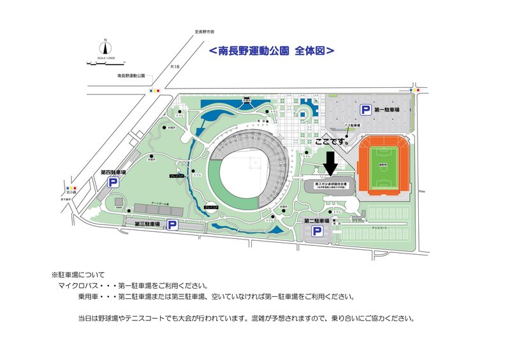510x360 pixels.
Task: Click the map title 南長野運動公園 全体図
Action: pyautogui.click(x=271, y=49)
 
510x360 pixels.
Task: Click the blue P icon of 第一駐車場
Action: pyautogui.click(x=366, y=110)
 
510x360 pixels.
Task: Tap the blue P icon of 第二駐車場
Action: pyautogui.click(x=316, y=233)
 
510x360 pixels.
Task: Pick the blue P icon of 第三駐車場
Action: pyautogui.click(x=171, y=225)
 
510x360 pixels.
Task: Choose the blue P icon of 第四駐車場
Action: pyautogui.click(x=113, y=183)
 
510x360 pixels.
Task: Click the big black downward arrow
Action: pyautogui.click(x=330, y=162)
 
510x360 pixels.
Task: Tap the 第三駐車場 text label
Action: pyautogui.click(x=149, y=224)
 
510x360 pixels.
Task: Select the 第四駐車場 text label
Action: pyautogui.click(x=113, y=172)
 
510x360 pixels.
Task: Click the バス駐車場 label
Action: pyautogui.click(x=352, y=126)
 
